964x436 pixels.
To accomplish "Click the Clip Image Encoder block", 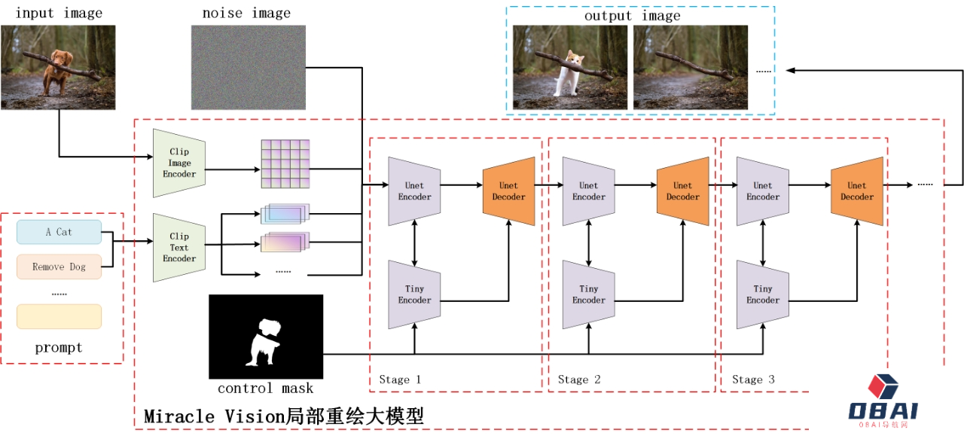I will [x=179, y=163].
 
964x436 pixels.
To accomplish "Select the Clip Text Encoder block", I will [x=179, y=248].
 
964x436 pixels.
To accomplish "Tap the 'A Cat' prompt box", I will [x=59, y=232].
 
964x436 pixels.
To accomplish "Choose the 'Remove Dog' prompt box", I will [x=59, y=267].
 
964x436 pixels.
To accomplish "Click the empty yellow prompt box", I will [x=59, y=316].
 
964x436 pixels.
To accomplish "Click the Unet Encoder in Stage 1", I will [x=414, y=191].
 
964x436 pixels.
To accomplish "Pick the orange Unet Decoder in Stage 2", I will [x=682, y=191].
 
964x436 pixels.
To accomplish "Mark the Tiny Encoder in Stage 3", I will [x=762, y=294].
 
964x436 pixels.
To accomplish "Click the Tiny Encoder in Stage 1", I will [x=414, y=294].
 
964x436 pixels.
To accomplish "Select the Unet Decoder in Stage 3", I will [x=856, y=191].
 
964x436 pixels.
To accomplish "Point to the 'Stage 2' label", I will [x=579, y=380].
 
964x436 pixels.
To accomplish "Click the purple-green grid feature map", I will [x=285, y=163].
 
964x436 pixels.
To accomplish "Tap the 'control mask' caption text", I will [x=265, y=389].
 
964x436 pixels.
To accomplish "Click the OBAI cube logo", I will [x=883, y=386].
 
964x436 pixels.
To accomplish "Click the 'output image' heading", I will [x=632, y=16].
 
